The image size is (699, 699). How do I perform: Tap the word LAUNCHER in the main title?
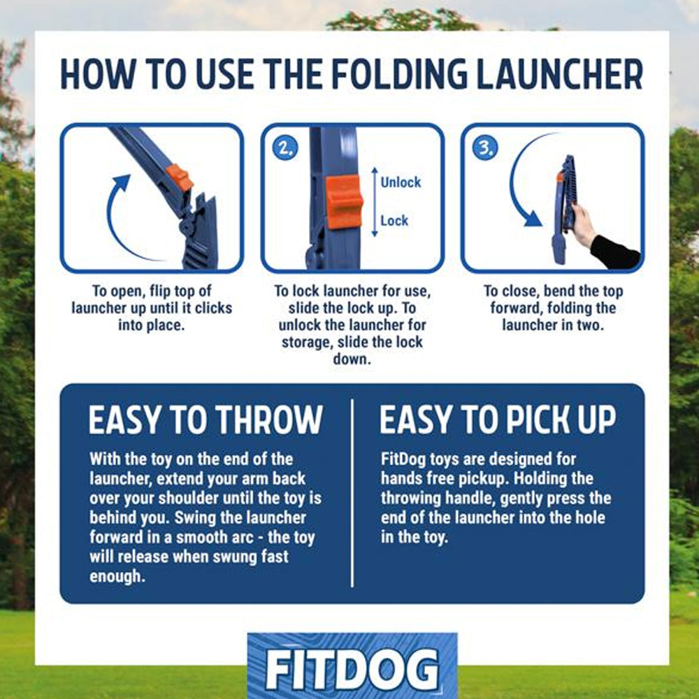559,74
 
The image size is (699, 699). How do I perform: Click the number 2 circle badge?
285,148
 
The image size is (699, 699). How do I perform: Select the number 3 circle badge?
485,148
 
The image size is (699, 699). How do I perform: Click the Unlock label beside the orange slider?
401,182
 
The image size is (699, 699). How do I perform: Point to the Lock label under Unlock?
394,221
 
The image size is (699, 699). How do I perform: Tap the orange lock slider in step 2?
344,202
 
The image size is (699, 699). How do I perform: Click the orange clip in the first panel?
179,177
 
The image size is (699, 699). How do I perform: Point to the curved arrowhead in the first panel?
121,182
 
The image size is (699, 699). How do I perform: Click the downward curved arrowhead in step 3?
533,218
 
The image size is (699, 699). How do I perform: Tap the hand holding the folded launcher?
583,224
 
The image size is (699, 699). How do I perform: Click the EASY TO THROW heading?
205,419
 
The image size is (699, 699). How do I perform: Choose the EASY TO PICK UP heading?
498,419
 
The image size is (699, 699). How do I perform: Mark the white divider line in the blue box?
352,493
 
